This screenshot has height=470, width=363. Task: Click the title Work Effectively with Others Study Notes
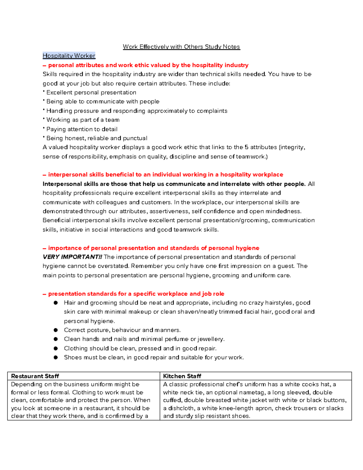point(181,47)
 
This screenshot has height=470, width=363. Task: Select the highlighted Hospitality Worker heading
point(69,56)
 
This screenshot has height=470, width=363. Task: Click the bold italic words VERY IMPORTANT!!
point(72,257)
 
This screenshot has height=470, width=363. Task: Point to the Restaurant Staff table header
point(35,376)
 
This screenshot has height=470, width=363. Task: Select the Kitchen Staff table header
point(182,376)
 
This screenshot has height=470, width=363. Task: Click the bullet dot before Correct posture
point(56,330)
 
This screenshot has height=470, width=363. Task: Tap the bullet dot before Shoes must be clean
point(56,357)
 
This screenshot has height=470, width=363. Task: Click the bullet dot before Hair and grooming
point(56,303)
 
